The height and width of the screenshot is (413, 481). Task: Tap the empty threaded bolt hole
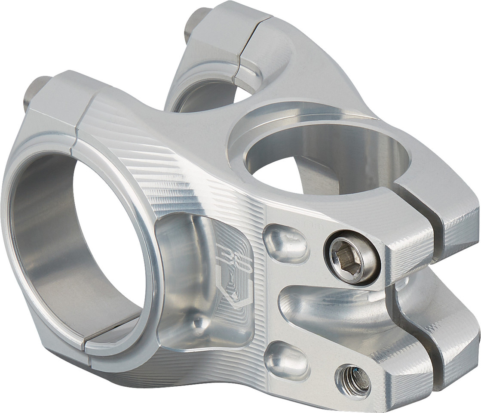pyautogui.click(x=353, y=380)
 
